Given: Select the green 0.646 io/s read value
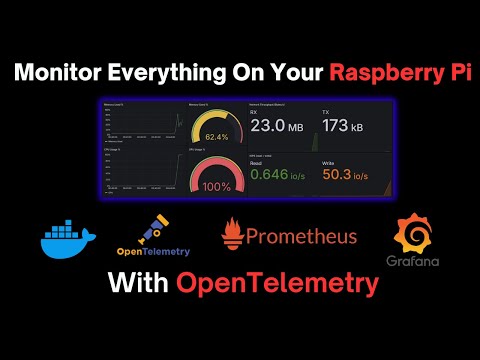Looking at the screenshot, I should pyautogui.click(x=281, y=175).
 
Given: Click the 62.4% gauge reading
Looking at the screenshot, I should pyautogui.click(x=217, y=136).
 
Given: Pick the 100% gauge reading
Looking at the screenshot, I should pyautogui.click(x=217, y=186).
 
